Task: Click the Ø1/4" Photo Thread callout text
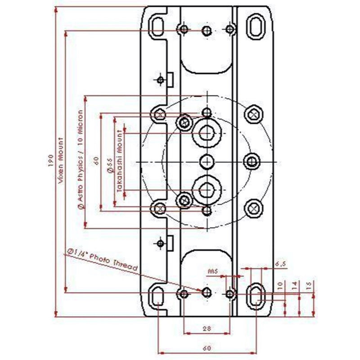(102, 261)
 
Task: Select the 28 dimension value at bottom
(207, 329)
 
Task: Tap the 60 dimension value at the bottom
(206, 348)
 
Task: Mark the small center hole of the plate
(207, 162)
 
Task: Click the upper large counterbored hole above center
(207, 133)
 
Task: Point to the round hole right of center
(252, 162)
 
